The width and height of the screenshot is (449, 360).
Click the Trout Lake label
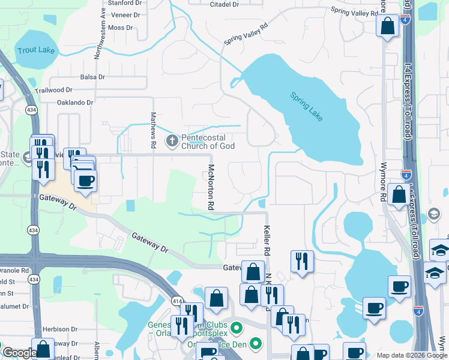pos(36,50)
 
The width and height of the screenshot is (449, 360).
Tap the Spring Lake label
pos(306,106)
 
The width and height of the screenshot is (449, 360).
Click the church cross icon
pos(172,141)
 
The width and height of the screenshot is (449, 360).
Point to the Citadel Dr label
pos(224,4)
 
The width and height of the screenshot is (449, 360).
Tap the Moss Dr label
pos(121,28)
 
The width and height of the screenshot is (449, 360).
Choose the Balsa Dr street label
pos(92,77)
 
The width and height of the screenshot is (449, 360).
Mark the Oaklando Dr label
pos(75,103)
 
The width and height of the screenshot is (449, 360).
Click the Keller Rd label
pos(268,238)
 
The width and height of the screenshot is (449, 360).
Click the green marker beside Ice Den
pos(256,344)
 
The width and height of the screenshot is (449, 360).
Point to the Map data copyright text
pos(412,355)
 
